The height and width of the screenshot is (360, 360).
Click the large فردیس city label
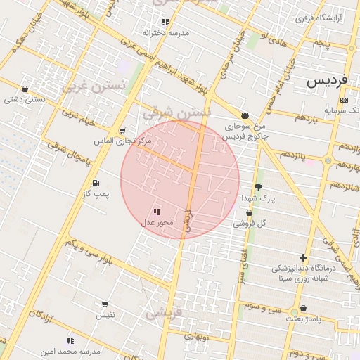pos(327,80)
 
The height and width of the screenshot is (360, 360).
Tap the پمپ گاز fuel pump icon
pos(96,184)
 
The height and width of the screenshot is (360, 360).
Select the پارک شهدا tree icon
pos(258,188)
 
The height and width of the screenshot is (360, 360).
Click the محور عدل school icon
pos(156,212)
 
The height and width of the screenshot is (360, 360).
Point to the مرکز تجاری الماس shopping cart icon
pos(122,131)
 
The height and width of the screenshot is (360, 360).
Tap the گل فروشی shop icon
pos(249,212)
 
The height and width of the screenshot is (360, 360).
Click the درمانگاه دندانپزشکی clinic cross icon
pos(303,258)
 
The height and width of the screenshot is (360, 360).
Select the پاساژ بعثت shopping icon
pos(303,309)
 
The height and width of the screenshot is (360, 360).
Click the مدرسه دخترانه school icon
pos(165,22)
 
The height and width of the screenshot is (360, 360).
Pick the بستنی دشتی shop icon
pos(25,89)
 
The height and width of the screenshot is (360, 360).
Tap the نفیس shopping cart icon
pos(105,305)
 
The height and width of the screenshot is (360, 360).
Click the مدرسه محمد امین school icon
pos(70,340)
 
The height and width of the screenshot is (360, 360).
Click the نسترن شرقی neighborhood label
pos(176,112)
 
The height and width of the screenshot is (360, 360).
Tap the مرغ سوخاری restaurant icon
pos(244,115)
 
